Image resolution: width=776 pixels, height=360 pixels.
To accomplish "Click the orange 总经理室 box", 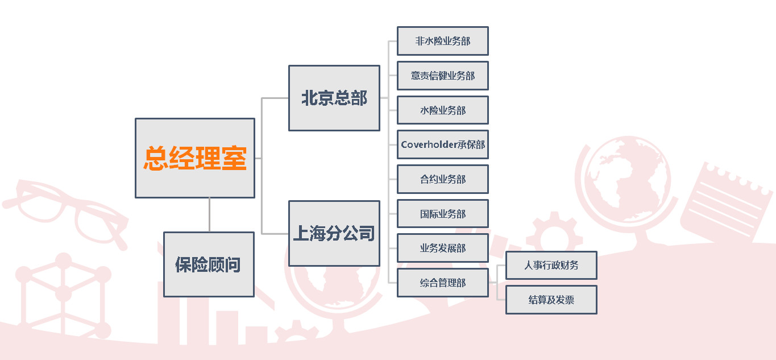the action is (195, 158).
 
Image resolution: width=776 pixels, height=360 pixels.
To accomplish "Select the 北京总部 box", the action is (334, 98).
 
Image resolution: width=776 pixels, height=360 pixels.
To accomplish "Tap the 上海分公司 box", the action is (334, 233).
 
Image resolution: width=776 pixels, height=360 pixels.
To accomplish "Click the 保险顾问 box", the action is (209, 264).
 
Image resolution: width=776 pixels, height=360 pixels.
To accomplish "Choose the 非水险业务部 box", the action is (443, 41).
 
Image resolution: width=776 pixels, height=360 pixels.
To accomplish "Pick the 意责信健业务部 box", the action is (443, 76).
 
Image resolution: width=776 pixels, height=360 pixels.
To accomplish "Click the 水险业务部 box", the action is (443, 110).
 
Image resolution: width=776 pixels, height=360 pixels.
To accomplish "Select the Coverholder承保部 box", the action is (443, 144).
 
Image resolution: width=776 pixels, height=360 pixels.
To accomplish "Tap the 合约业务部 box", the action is (443, 179).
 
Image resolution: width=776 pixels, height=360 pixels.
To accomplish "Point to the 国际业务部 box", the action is (443, 213).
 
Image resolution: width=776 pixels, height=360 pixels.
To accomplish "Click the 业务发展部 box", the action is (443, 248).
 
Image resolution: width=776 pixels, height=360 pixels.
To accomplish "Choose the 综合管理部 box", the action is (443, 283).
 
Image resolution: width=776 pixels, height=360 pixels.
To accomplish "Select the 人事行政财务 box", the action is (551, 265).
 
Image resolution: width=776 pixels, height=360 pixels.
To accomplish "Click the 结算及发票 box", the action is (551, 300).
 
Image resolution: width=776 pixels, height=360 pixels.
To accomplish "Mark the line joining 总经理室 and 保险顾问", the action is (209, 215).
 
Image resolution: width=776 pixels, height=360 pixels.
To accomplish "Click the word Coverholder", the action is (429, 144).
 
